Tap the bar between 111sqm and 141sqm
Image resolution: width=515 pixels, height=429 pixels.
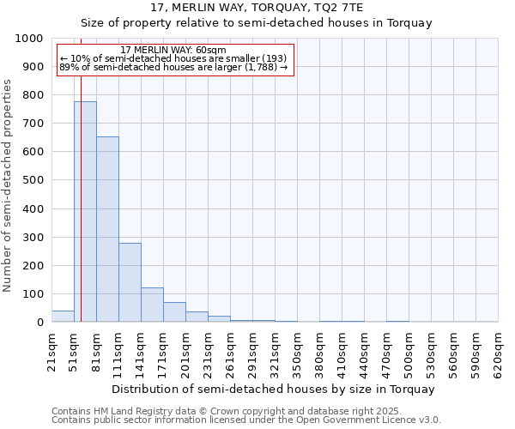coord(130,282)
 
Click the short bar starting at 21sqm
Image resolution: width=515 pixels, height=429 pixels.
coord(63,317)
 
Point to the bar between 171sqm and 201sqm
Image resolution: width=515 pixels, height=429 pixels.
coord(174,312)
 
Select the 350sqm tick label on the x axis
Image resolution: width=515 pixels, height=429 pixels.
coord(297,352)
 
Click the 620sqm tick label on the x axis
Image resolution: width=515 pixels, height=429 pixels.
coord(498,352)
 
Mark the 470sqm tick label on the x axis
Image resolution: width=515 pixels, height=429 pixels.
coord(386,352)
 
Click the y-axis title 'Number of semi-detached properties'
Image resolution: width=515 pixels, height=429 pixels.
coord(9,185)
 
